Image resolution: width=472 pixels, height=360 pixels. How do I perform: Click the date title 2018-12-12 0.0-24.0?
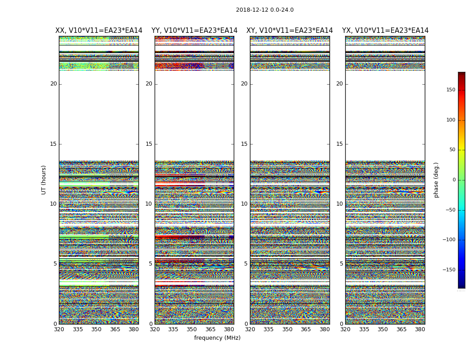coord(264,10)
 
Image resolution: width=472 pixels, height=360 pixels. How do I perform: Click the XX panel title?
coord(99,31)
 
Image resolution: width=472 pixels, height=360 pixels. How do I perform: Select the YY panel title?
coord(194,31)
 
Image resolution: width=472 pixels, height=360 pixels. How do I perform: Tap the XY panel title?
coord(289,31)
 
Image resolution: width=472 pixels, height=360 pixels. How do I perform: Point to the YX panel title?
coord(385,31)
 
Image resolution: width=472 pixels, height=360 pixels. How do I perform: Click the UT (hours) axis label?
coord(44,180)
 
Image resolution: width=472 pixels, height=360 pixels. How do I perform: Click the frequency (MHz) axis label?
coord(217,338)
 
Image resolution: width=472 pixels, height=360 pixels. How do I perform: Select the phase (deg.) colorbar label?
coord(436,180)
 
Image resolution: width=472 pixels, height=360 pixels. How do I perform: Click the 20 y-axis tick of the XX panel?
coord(53,84)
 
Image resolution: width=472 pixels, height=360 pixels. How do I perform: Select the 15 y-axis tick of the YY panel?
coord(149,144)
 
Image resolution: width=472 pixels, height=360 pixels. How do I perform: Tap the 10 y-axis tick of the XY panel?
coord(244,204)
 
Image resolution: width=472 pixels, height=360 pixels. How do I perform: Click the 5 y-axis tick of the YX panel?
coord(341,264)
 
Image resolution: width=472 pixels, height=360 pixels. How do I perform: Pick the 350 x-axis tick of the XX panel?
coord(96,329)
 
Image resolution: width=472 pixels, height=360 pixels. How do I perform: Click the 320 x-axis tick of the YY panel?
coord(155,329)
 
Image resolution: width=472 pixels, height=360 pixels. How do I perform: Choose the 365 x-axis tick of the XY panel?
coord(306,329)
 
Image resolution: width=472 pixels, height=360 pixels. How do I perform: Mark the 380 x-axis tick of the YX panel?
coord(420,329)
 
